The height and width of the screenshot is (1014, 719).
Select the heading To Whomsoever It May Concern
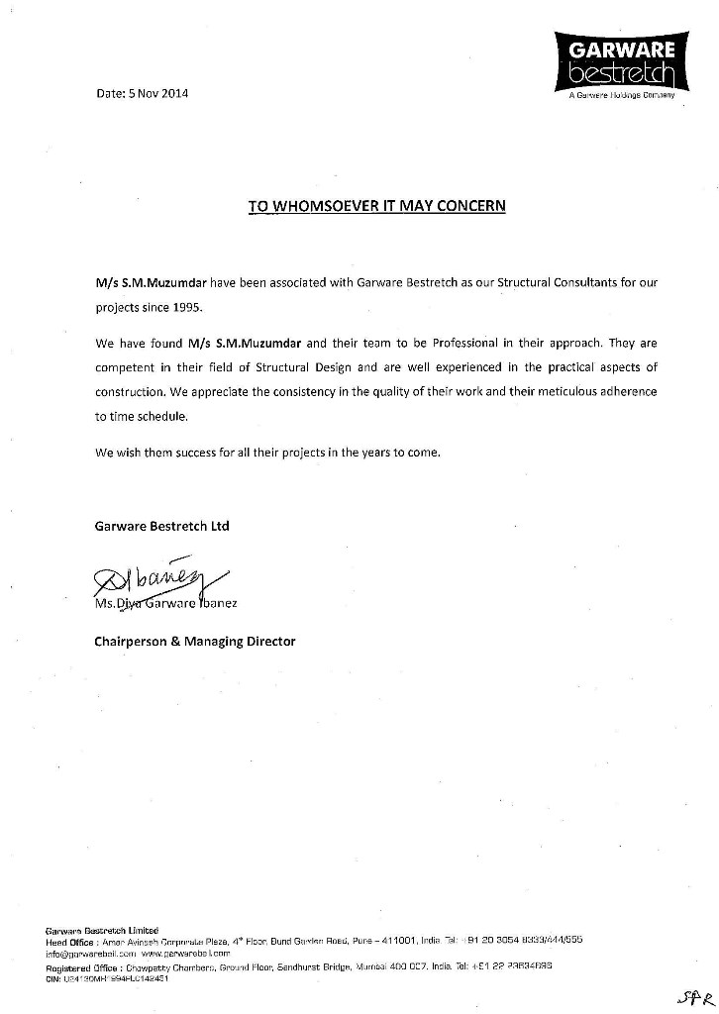click(376, 206)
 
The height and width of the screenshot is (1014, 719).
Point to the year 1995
click(171, 307)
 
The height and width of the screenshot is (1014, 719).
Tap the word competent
click(130, 368)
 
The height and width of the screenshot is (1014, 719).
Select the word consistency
click(303, 392)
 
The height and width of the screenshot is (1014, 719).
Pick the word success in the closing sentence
click(204, 453)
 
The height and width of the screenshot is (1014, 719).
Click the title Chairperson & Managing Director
click(195, 642)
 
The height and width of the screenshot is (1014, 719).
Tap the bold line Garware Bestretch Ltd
click(161, 526)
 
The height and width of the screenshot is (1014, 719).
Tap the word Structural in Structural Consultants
click(491, 283)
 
